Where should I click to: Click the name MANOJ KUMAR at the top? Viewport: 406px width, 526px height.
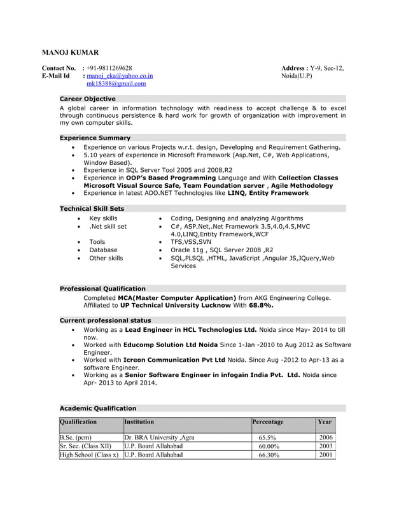coord(70,52)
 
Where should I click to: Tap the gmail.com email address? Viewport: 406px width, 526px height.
coord(116,83)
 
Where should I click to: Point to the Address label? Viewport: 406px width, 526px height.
coord(294,68)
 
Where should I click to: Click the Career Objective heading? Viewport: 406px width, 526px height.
coord(87,99)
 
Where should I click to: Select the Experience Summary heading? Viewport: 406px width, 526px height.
coord(95,138)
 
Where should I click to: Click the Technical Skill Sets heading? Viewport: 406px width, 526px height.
coord(92,208)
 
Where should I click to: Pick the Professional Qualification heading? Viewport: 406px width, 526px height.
coord(102,288)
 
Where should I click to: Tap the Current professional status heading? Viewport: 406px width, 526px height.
coord(105,320)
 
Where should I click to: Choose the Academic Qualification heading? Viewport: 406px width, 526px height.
coord(97,408)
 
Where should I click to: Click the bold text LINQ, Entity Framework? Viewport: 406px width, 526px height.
coord(268,192)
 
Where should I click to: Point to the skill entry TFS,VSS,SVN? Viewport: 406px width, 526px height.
coord(191,242)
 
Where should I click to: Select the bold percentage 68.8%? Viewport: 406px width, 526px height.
coord(261,305)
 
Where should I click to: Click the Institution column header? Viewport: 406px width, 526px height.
coord(139,422)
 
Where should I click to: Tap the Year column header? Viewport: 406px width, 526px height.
coord(325,422)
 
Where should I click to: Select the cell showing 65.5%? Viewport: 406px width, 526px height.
coord(267,438)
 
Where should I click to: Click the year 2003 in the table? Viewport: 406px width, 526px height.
coord(325,446)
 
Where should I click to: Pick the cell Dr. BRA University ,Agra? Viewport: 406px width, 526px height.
coord(159,438)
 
